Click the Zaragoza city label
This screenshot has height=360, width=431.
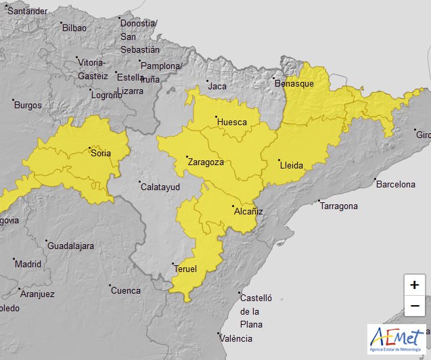click(206, 162)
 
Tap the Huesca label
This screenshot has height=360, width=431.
click(232, 122)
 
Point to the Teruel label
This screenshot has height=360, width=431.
click(185, 269)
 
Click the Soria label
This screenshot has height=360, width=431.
click(101, 153)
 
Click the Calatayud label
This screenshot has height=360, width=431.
click(160, 187)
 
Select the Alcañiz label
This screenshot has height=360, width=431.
click(248, 211)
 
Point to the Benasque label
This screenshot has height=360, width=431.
click(294, 83)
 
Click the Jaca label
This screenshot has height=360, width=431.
click(217, 86)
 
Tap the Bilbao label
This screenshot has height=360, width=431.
click(74, 28)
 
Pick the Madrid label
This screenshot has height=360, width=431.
click(28, 264)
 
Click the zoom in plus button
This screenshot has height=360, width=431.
click(414, 285)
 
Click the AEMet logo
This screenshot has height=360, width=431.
click(396, 339)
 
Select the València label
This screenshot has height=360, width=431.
click(240, 338)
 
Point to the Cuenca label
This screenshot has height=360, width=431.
click(126, 290)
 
